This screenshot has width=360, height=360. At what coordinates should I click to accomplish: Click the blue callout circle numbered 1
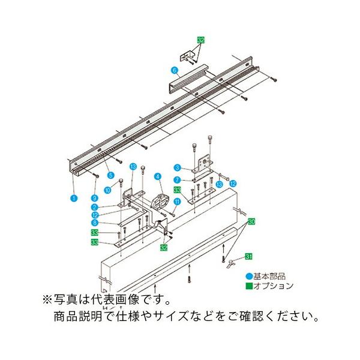coord(73,196)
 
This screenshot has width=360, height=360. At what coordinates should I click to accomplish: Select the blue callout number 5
coord(111,175)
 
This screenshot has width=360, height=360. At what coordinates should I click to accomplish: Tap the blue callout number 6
coord(175,70)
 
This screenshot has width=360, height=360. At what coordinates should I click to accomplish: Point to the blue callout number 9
coord(95,197)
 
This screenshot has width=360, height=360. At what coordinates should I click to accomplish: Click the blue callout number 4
coord(157,176)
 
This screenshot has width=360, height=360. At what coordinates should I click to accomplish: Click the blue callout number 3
coord(178,167)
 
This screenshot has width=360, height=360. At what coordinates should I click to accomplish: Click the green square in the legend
coord(247,286)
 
